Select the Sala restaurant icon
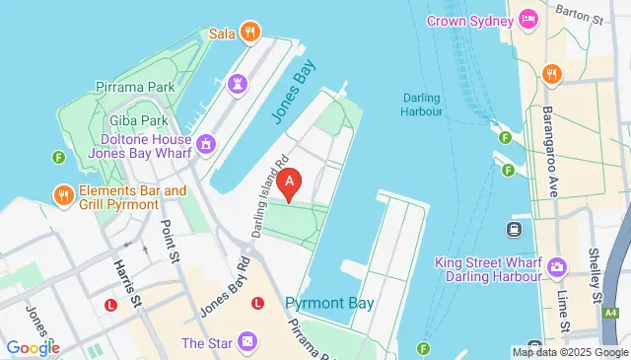pyautogui.click(x=250, y=33)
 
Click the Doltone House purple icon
pyautogui.click(x=205, y=145)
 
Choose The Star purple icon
pyautogui.click(x=247, y=342)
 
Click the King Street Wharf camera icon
pyautogui.click(x=557, y=266)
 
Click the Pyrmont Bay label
pyautogui.click(x=329, y=303)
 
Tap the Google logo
pyautogui.click(x=32, y=347)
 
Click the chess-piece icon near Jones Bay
pyautogui.click(x=236, y=84)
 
